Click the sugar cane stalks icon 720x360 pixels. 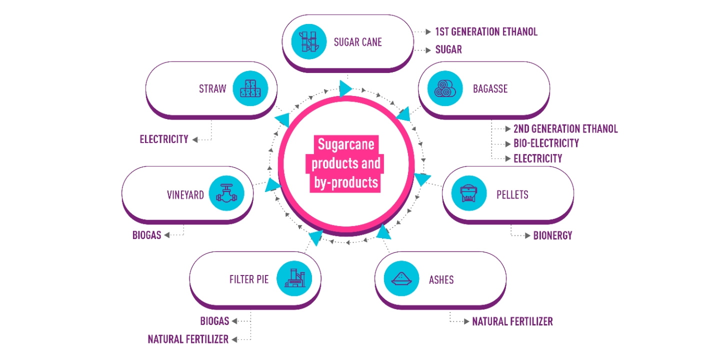coord(309,42)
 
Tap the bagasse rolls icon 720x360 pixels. coord(445,88)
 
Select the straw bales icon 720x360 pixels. coord(250,88)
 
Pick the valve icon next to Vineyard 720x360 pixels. coord(226,193)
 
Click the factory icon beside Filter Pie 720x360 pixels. coord(294,278)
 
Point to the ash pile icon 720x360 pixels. coord(401,278)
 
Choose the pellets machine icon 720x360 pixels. coord(468,193)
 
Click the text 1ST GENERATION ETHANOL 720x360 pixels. coord(486,32)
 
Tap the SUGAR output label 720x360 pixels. coord(448,49)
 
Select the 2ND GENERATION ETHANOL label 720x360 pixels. coord(565,129)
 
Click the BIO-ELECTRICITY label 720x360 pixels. coord(546,143)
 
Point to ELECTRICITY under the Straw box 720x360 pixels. coord(164,139)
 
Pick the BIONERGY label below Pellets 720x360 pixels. coord(552,235)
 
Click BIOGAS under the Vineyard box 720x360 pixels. coord(146,235)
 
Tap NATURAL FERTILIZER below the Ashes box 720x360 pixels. coord(512,321)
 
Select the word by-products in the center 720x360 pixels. coord(346,182)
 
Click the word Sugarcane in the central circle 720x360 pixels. coord(346,144)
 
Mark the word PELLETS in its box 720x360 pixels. coord(512,195)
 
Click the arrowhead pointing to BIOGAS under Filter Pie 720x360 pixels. coord(234,321)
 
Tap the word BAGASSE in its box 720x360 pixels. coord(490,88)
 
